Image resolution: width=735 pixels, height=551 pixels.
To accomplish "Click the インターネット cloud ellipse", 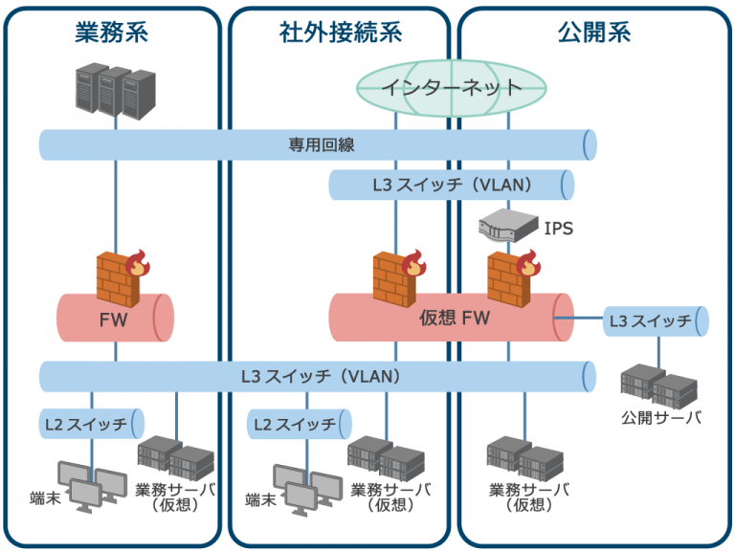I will pos(452,87).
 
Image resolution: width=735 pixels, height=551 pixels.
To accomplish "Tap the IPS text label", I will pos(559,229).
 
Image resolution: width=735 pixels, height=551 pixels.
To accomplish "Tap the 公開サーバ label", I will pos(660,418).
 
